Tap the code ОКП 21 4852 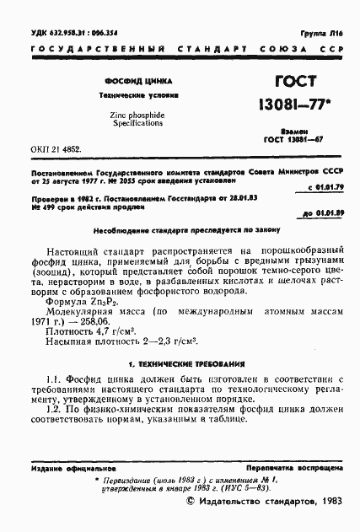pyautogui.click(x=55, y=146)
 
